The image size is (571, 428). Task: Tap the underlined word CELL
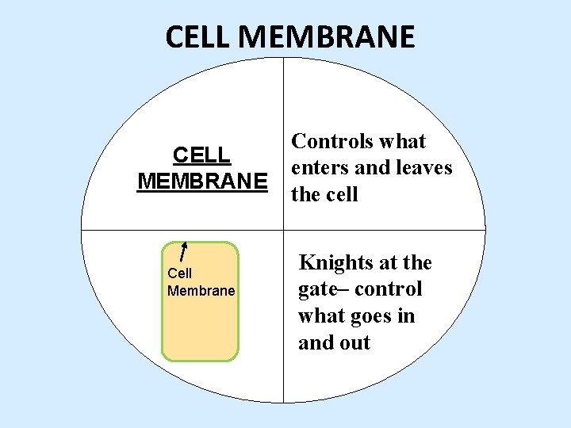point(201,155)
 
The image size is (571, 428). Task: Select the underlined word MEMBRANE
point(201,181)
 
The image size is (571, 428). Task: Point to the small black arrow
point(184,250)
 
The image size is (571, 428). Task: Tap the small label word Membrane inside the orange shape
point(201,291)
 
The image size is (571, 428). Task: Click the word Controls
point(331,141)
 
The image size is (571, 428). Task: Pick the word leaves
point(423,168)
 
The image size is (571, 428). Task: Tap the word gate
point(317,289)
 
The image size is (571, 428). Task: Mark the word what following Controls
point(402,141)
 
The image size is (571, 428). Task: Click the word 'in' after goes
point(404,315)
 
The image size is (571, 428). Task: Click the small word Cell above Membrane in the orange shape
point(179,273)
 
